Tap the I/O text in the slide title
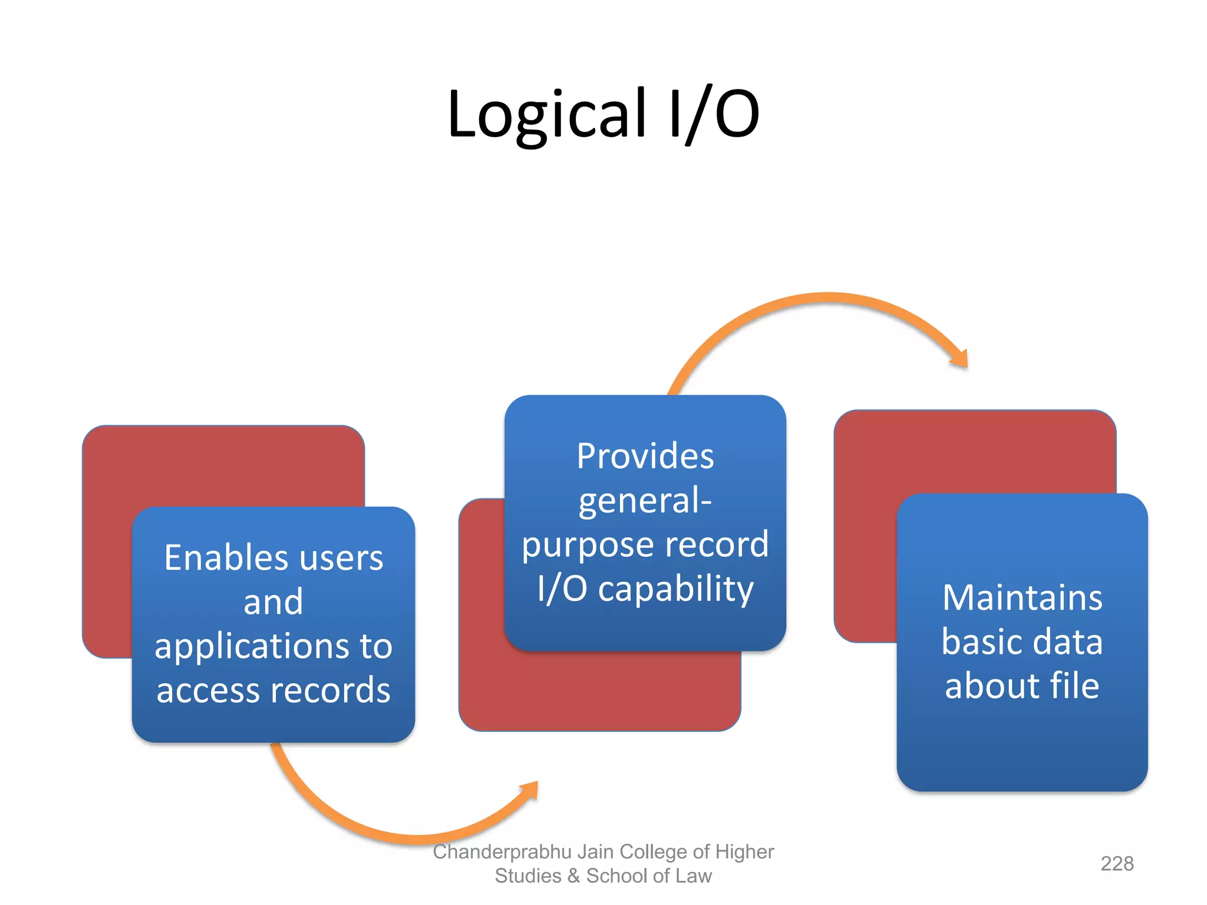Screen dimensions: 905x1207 point(714,115)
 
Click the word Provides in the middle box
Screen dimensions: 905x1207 point(645,456)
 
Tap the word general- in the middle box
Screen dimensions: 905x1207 point(645,501)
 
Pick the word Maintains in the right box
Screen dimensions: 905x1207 point(1022,597)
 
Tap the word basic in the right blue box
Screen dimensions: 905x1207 point(979,642)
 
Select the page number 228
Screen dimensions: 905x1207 point(1117,864)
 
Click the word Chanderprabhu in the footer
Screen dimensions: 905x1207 point(502,852)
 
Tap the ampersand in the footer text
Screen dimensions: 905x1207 point(573,876)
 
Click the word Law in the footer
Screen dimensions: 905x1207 point(694,876)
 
